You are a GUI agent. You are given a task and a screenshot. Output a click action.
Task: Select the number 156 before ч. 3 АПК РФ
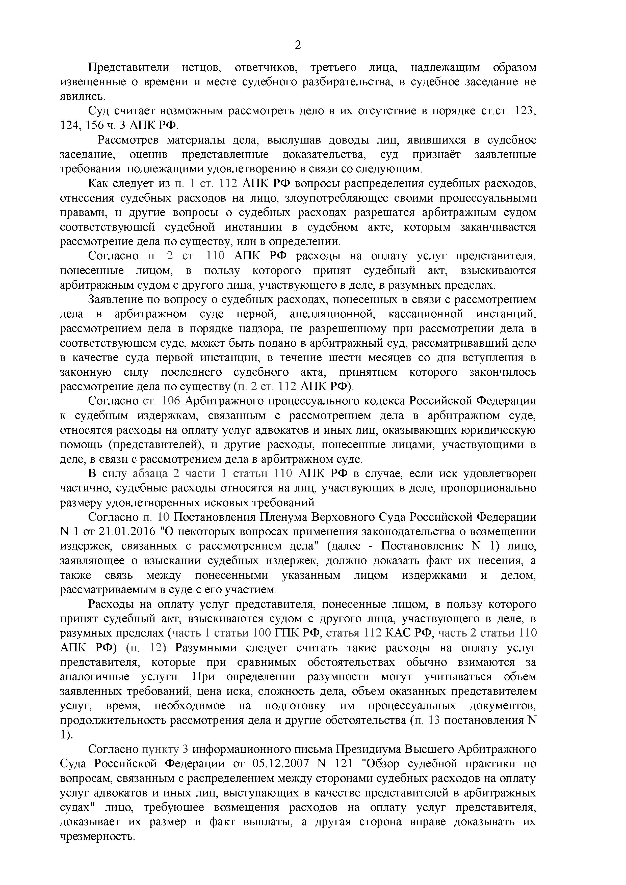(x=93, y=125)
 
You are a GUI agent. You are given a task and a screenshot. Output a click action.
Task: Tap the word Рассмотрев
(x=128, y=140)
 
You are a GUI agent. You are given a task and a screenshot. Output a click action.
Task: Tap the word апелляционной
(x=332, y=314)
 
